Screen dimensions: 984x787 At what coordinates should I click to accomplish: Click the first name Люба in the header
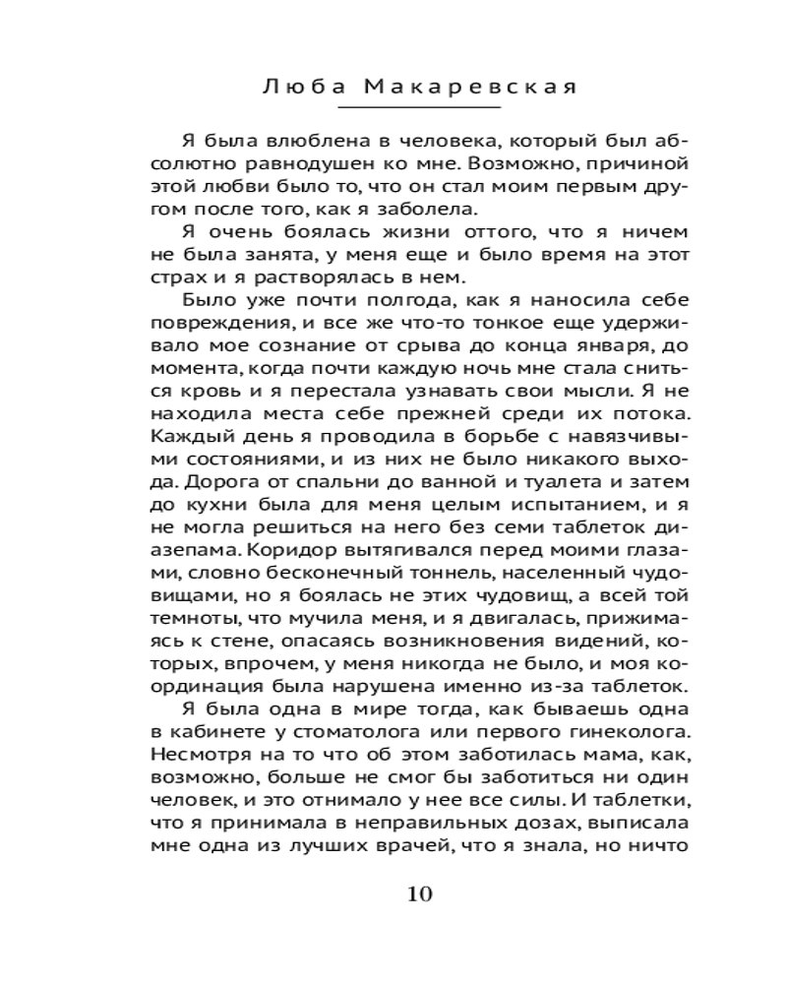point(297,88)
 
